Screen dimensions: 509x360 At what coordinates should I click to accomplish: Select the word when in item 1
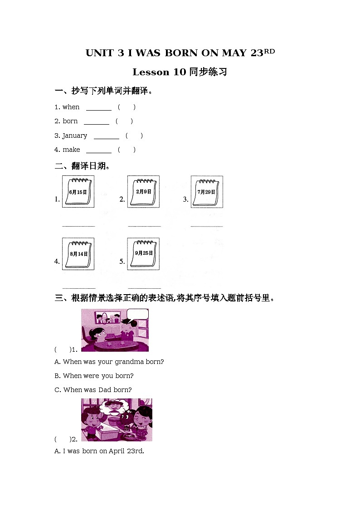(x=71, y=107)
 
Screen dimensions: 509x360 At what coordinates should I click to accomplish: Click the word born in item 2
(x=70, y=121)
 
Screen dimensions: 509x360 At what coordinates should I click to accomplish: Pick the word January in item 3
(x=75, y=136)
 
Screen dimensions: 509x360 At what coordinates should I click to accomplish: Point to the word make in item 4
(x=71, y=150)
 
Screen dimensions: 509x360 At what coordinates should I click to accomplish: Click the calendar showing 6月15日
(x=78, y=192)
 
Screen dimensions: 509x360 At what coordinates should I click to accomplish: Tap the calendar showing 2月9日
(x=143, y=192)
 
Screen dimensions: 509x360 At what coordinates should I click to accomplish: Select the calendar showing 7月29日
(x=206, y=192)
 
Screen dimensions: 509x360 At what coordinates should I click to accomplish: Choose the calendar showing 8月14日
(x=78, y=254)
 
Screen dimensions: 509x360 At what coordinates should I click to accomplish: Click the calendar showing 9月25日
(x=143, y=254)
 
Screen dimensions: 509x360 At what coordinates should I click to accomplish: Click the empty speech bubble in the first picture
(x=137, y=314)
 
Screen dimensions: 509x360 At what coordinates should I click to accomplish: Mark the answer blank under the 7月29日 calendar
(x=207, y=225)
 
